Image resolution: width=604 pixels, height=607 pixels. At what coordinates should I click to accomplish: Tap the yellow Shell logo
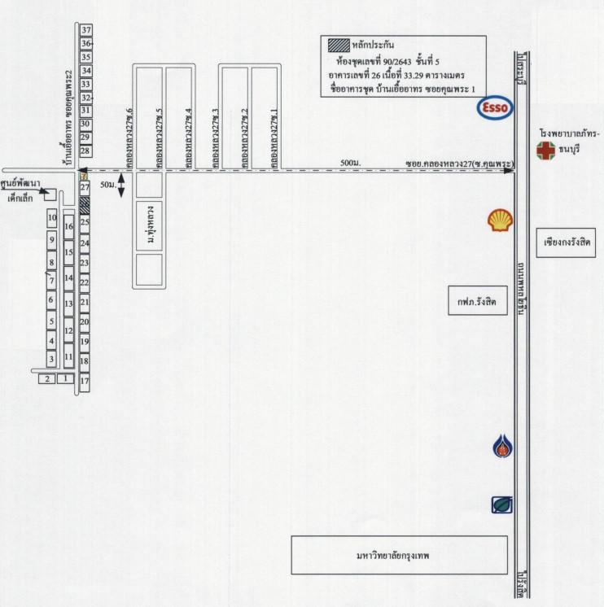click(500, 220)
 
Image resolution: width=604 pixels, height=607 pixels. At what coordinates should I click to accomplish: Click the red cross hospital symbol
click(544, 151)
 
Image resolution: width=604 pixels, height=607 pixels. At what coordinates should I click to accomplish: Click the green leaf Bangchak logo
click(501, 504)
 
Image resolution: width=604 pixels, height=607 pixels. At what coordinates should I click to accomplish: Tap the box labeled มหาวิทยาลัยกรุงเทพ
click(399, 555)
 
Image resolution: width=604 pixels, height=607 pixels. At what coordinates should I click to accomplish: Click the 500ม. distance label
click(351, 164)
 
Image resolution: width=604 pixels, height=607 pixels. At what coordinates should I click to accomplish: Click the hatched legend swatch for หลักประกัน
click(336, 46)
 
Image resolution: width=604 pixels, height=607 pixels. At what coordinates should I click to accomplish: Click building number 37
click(85, 31)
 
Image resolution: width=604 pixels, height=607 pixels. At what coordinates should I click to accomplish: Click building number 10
click(51, 218)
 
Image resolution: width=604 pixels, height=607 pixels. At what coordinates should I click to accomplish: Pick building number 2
click(47, 378)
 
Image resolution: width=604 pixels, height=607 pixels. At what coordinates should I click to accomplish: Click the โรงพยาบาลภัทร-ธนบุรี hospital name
click(569, 140)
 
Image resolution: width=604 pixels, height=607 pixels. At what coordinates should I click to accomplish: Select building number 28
click(85, 151)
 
